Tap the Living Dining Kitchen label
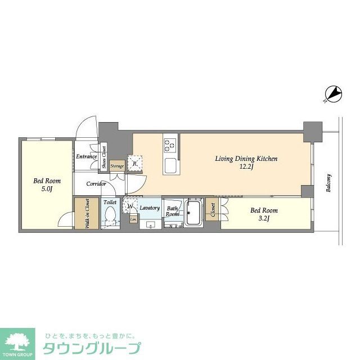pyautogui.click(x=246, y=159)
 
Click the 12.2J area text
pyautogui.click(x=246, y=167)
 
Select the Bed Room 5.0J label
pyautogui.click(x=47, y=185)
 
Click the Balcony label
pyautogui.click(x=329, y=183)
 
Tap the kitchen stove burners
pyautogui.click(x=169, y=145)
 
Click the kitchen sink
pyautogui.click(x=169, y=165)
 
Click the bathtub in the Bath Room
pyautogui.click(x=193, y=213)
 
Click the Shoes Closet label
pyautogui.click(x=105, y=157)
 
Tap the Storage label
pyautogui.click(x=117, y=166)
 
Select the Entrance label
pyautogui.click(x=87, y=156)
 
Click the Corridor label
pyautogui.click(x=96, y=184)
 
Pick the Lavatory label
pyautogui.click(x=150, y=208)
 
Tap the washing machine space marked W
pyautogui.click(x=130, y=205)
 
